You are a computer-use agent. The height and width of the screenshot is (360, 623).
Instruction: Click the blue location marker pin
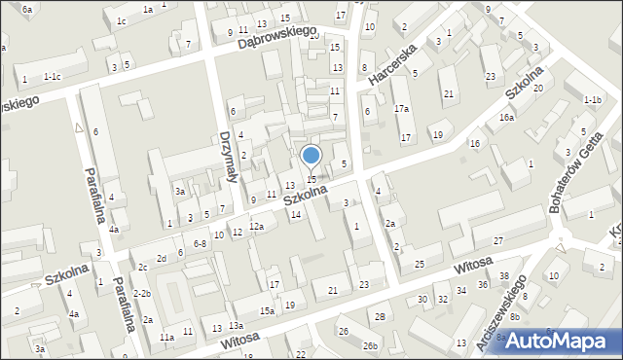pos(311,157)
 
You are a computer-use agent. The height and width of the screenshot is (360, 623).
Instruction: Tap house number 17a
pos(401,109)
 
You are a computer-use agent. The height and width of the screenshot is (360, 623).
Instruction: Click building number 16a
pos(506,118)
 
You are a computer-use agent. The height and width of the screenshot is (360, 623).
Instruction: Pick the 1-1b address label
pos(592,100)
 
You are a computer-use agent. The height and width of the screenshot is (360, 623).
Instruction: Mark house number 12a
pos(256,226)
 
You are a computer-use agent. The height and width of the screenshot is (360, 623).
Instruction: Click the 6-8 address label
pos(200,243)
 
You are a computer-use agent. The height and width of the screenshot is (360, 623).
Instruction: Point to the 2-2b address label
pos(142,293)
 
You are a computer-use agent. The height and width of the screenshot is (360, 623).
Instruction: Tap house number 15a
pos(267,310)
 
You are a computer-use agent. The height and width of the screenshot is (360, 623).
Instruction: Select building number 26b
pos(370,345)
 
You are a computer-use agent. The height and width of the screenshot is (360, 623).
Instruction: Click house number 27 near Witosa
pos(497,240)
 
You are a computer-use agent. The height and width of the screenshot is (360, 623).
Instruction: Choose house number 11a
pos(166,338)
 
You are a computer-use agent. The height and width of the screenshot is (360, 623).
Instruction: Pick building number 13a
pos(236,326)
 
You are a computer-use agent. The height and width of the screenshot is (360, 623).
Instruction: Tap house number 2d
pos(163,258)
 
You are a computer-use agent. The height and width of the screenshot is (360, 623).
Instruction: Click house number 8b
pos(515,316)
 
